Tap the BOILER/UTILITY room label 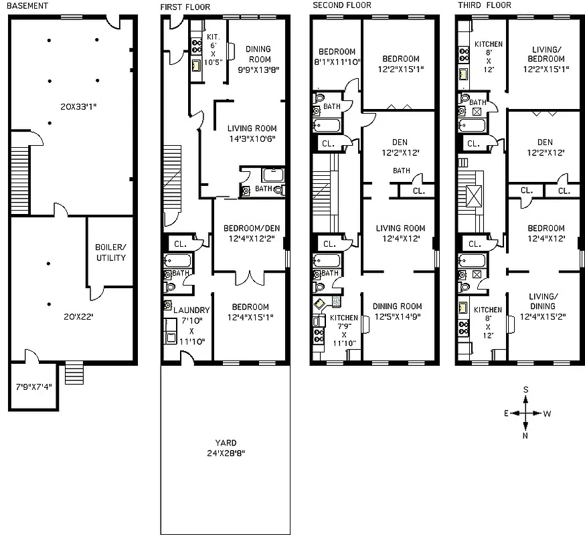[x=110, y=252]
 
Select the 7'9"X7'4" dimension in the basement [x=33, y=387]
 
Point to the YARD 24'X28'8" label [x=226, y=447]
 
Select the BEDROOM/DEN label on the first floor [x=251, y=233]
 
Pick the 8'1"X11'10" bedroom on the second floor [x=337, y=57]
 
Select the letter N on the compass [x=525, y=436]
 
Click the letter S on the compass [x=526, y=390]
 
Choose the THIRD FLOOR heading [x=484, y=6]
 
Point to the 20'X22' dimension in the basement [x=70, y=316]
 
